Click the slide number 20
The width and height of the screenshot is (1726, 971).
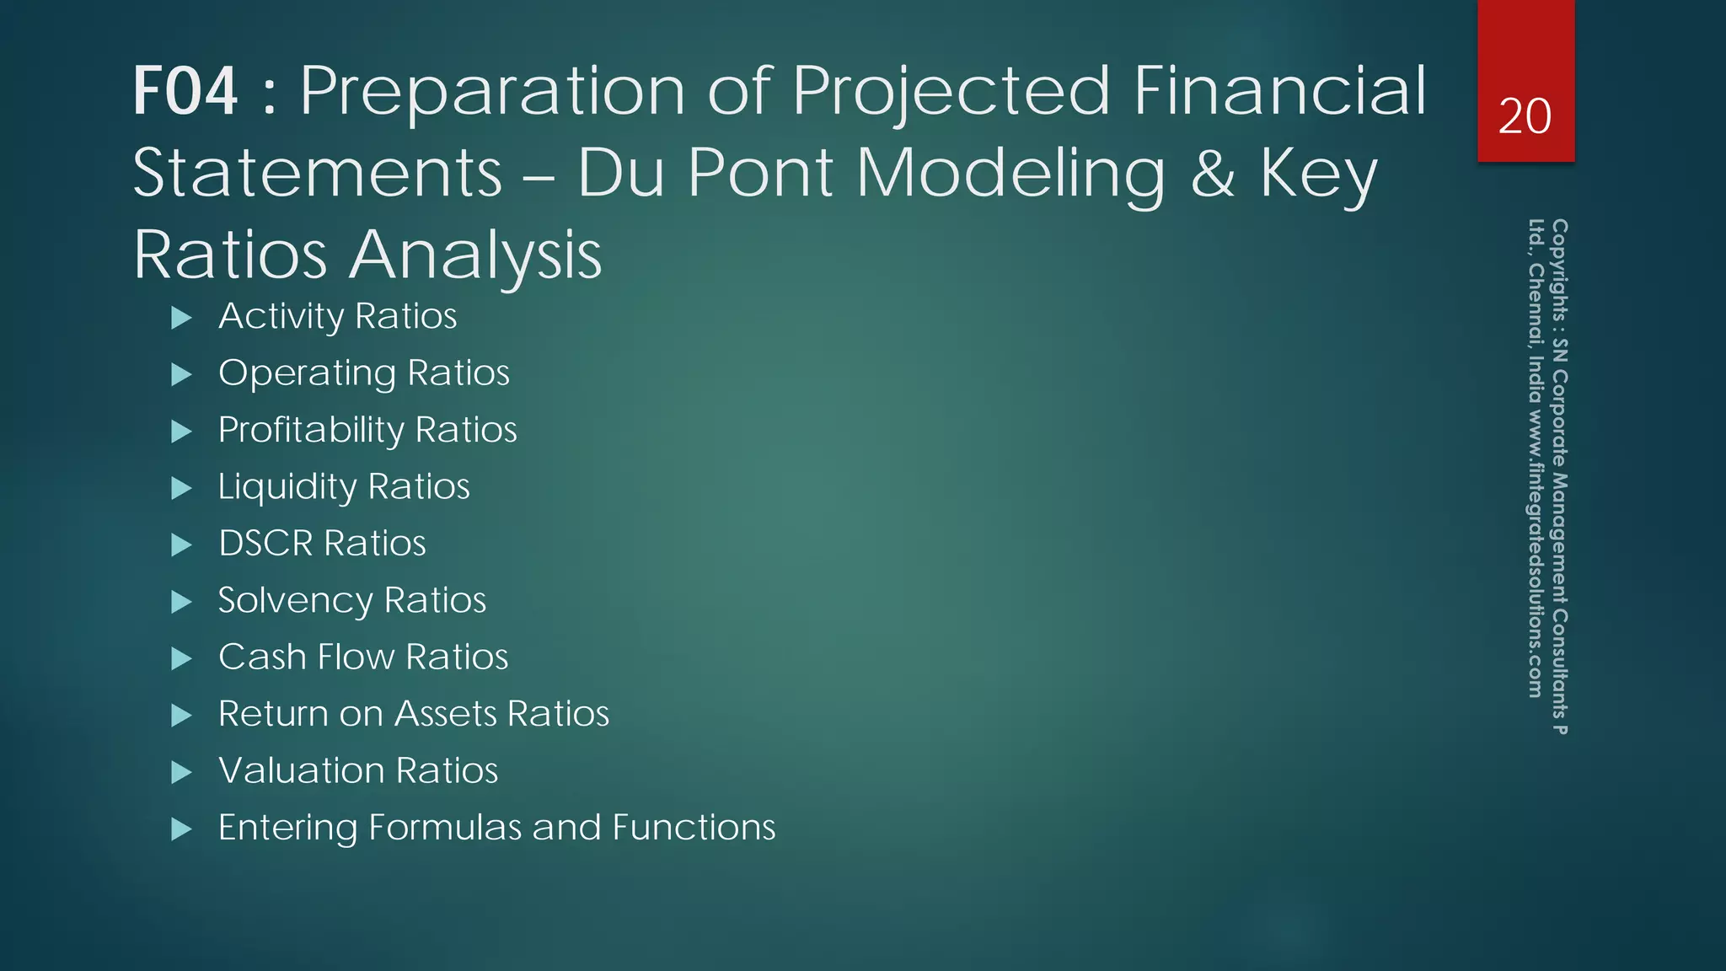point(1525,116)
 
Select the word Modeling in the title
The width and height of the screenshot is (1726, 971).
point(1010,173)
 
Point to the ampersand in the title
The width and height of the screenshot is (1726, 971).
point(1213,173)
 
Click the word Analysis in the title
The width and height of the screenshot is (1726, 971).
point(475,255)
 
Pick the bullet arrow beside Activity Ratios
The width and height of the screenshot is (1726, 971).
point(181,318)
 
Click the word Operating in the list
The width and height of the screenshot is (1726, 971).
point(307,373)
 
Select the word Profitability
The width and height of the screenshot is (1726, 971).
point(311,430)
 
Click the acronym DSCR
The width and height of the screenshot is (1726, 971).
point(265,544)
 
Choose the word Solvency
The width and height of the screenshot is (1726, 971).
point(295,601)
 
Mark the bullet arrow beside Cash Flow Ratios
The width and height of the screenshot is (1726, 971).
point(181,658)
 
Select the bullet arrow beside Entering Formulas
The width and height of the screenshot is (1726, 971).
point(181,829)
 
